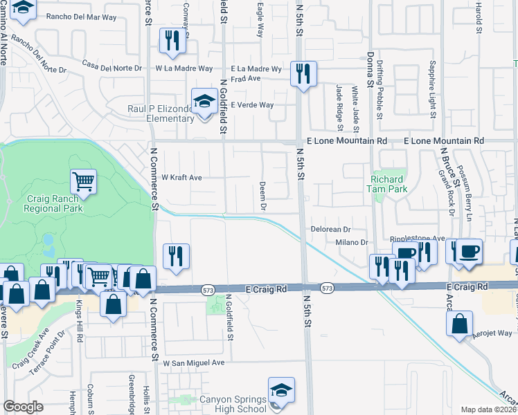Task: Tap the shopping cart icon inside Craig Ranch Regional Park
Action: click(83, 182)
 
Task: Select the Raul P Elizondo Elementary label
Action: click(160, 113)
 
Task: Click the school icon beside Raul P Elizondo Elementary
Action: click(204, 102)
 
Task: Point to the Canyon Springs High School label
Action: click(232, 404)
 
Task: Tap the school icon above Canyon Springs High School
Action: click(281, 389)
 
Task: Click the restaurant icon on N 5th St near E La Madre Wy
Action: click(303, 73)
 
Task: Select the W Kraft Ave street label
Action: click(181, 178)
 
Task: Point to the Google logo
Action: click(23, 407)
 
